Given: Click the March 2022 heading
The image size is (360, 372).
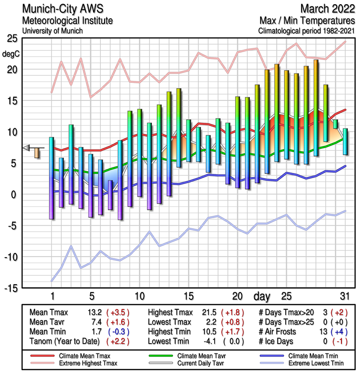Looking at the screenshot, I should coord(327,9).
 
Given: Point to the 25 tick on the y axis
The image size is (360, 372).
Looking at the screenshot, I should coord(13,39).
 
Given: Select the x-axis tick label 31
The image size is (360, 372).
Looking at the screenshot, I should coord(344,296).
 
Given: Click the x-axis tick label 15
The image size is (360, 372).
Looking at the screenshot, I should coord(188,296).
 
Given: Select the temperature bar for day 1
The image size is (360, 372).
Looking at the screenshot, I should coord(52,178).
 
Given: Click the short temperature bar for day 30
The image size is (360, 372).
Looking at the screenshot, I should coord(335,124).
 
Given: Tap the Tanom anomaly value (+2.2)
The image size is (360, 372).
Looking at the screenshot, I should coord(118,342).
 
